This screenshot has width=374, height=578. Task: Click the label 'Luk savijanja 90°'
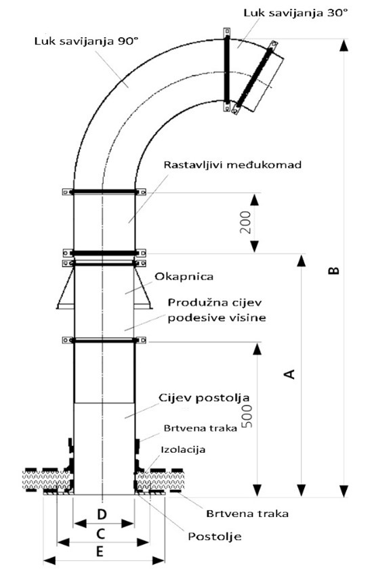(x=86, y=41)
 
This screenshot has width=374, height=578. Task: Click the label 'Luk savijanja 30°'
(x=295, y=13)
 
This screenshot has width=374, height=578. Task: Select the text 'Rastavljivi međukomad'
(x=232, y=164)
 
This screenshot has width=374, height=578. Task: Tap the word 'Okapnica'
(x=184, y=276)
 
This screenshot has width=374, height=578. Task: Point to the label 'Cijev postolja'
(x=204, y=398)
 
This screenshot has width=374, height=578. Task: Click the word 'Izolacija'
(x=183, y=449)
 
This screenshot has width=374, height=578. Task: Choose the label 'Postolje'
(x=215, y=536)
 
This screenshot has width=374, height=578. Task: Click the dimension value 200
(x=245, y=222)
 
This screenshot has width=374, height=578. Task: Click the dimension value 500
(x=247, y=416)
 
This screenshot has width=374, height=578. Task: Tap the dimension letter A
(x=290, y=374)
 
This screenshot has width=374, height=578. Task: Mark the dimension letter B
(x=333, y=271)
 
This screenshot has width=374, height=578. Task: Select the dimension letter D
(x=102, y=514)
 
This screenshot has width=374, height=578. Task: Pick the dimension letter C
(x=100, y=533)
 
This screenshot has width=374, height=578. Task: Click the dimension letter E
(x=100, y=552)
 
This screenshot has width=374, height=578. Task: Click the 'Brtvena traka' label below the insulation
(x=247, y=514)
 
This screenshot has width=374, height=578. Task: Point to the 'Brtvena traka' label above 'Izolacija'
(x=201, y=428)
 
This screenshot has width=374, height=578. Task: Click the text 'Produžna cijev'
(x=215, y=303)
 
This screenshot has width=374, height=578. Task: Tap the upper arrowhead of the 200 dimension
(x=255, y=200)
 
